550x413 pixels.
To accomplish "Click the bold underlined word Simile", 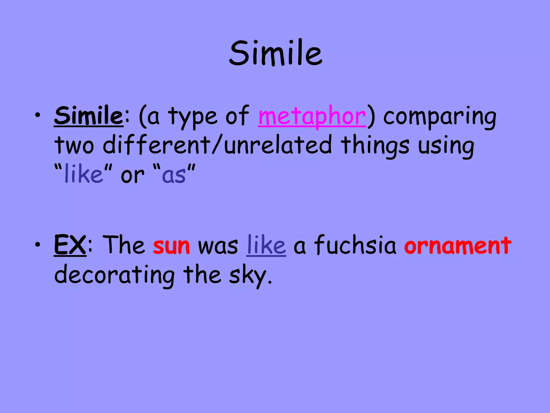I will pyautogui.click(x=89, y=116).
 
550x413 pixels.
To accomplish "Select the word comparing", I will pyautogui.click(x=440, y=117).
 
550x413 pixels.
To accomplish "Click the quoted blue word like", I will pyautogui.click(x=84, y=174).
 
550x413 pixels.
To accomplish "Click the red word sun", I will pyautogui.click(x=171, y=246).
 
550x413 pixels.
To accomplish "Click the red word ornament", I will pyautogui.click(x=458, y=246).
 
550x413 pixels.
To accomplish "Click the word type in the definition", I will pyautogui.click(x=193, y=117).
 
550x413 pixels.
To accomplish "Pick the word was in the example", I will pyautogui.click(x=218, y=246).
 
